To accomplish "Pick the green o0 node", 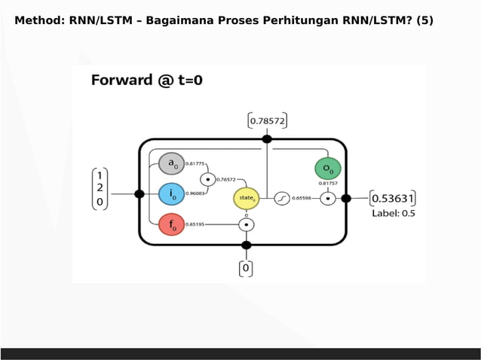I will tap(328, 167).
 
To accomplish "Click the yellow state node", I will tap(247, 199).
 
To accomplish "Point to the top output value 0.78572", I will tap(267, 120).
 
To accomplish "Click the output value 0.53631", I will tap(394, 199).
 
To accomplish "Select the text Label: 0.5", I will tap(394, 214).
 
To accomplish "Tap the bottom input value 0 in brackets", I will tap(246, 267).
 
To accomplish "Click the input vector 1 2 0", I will tap(100, 187).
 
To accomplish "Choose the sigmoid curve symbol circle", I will tap(281, 199).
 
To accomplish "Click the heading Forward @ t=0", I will tap(147, 81).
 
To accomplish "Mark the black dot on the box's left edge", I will tap(139, 194).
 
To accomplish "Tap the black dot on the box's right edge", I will tap(346, 199).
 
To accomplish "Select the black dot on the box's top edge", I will tap(267, 139).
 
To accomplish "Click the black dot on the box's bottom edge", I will tap(247, 245).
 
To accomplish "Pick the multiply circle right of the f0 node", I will tap(247, 224).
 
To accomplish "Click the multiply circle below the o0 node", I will tap(328, 199).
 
